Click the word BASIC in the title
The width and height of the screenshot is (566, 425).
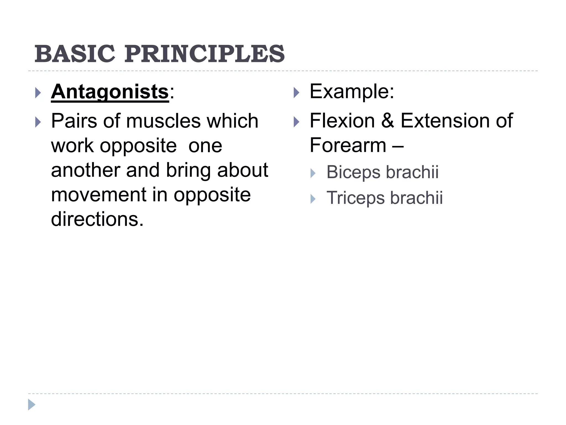(x=75, y=54)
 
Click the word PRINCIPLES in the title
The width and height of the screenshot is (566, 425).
(x=205, y=54)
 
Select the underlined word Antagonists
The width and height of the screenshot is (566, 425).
(x=110, y=92)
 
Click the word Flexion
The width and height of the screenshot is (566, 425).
(x=342, y=121)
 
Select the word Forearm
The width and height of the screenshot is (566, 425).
(x=348, y=145)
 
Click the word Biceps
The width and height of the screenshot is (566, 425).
(x=353, y=172)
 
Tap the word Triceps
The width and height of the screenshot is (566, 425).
(x=355, y=198)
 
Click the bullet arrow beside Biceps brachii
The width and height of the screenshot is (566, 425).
(x=313, y=173)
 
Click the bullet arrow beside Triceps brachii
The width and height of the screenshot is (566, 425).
(x=313, y=199)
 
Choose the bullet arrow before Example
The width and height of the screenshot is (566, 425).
(x=296, y=93)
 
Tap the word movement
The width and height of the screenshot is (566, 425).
(x=98, y=195)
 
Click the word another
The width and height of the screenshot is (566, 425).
(x=86, y=170)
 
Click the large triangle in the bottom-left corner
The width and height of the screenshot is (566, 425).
(x=32, y=405)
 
